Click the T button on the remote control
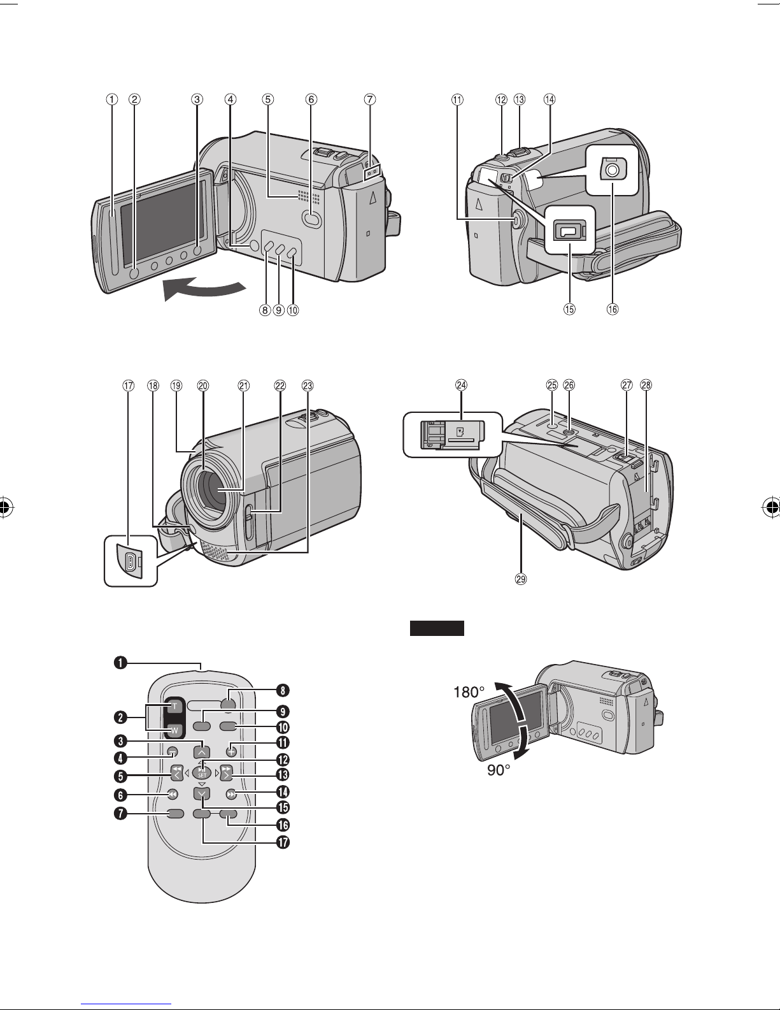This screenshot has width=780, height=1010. tap(174, 707)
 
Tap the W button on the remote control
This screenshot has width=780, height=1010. tap(174, 731)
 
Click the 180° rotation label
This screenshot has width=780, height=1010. tap(469, 693)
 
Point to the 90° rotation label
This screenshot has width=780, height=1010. tap(499, 770)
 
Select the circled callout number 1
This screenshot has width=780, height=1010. tap(111, 99)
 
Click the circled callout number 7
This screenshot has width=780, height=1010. tap(369, 99)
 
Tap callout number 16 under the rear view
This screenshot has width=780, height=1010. tap(613, 309)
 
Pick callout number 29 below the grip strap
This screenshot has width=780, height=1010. tap(521, 579)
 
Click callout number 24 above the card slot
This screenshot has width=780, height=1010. tap(461, 386)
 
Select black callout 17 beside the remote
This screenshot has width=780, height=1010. tap(283, 842)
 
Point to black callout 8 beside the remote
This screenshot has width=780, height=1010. tap(283, 691)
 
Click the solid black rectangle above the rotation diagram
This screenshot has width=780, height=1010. tap(437, 628)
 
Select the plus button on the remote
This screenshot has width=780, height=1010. tap(232, 751)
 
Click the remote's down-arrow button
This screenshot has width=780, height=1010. tap(202, 793)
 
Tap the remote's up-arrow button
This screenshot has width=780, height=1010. tap(202, 751)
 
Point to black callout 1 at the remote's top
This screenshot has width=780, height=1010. tap(120, 663)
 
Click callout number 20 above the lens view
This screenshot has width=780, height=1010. tap(203, 386)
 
